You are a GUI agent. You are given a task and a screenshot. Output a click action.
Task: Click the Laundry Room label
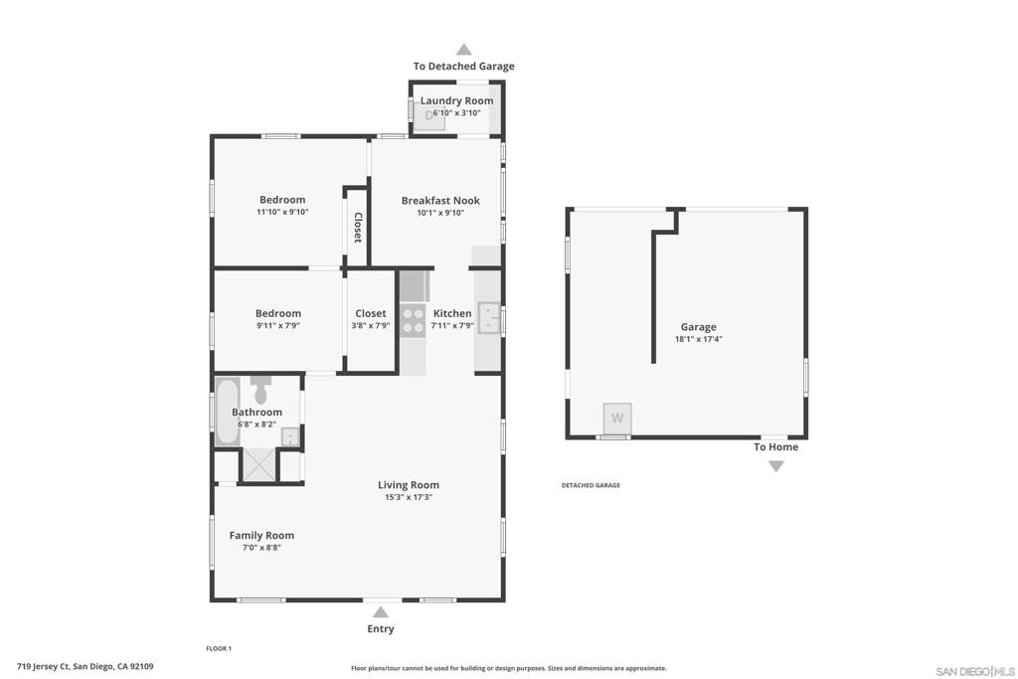(x=456, y=100)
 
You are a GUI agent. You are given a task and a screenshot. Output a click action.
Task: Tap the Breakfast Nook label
(x=440, y=201)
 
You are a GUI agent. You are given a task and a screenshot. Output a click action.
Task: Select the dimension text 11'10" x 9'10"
(x=282, y=212)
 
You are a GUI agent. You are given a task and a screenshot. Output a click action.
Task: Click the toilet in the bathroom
(x=260, y=390)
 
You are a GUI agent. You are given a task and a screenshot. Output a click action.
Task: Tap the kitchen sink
(x=490, y=319)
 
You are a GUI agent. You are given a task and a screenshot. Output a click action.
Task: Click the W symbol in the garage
(x=617, y=418)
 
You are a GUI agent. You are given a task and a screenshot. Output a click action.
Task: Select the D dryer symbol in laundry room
(x=430, y=115)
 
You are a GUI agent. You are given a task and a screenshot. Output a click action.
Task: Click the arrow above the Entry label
(x=381, y=612)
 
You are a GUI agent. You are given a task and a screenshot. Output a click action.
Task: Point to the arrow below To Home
(x=776, y=465)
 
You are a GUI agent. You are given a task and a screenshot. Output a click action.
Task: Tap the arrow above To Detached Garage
(x=463, y=49)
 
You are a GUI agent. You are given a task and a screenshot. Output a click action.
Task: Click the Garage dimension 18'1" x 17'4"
(x=698, y=339)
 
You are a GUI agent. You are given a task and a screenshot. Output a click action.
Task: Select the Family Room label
(x=261, y=535)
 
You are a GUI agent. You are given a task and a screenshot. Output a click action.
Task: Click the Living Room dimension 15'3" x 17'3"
(x=409, y=497)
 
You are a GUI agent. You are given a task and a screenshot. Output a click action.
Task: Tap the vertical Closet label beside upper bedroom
(x=357, y=228)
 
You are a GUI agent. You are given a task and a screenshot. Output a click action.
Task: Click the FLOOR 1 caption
(x=219, y=648)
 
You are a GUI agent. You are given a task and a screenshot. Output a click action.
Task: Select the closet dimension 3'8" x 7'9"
(x=371, y=326)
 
